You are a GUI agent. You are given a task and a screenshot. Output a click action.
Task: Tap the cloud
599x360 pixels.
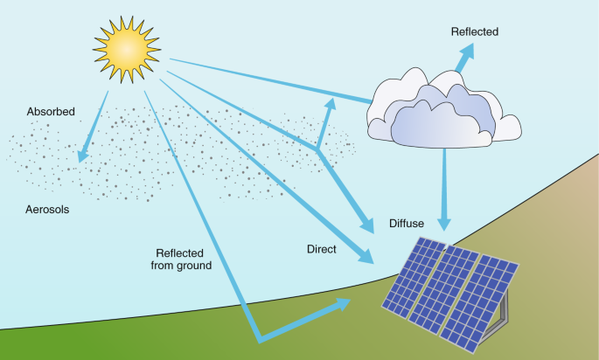pos(442,109)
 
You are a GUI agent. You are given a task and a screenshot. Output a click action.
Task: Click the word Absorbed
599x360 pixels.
pos(50,112)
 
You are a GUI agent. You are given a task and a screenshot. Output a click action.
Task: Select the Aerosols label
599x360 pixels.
pos(48,211)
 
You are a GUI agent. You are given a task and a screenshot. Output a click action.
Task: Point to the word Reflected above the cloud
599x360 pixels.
pos(474,32)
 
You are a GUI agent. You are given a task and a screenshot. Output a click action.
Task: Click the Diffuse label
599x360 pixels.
pos(407,224)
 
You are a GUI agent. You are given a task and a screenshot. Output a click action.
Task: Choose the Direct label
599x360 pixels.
pos(322,249)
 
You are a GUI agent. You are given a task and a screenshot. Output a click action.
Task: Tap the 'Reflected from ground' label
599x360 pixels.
pos(182,259)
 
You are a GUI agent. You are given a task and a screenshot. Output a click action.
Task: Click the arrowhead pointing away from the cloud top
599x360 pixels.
pos(463,52)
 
